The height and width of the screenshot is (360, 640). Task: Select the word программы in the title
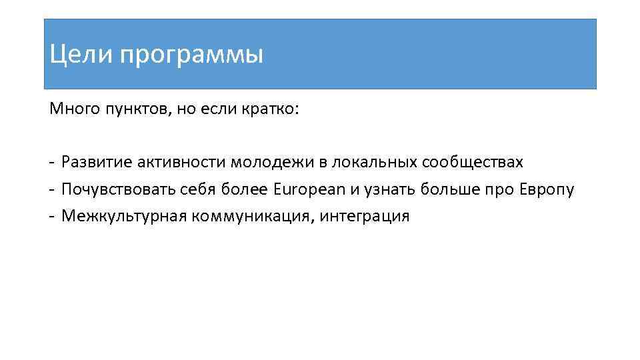(x=193, y=55)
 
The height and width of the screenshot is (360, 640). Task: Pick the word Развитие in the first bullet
(x=95, y=163)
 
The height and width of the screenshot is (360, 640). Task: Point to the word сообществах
(x=473, y=162)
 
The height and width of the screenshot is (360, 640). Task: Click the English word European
(x=309, y=190)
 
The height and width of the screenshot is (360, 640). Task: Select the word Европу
(x=545, y=190)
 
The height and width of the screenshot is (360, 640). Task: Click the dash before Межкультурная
(x=51, y=216)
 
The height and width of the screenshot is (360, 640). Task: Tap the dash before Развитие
(x=51, y=162)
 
